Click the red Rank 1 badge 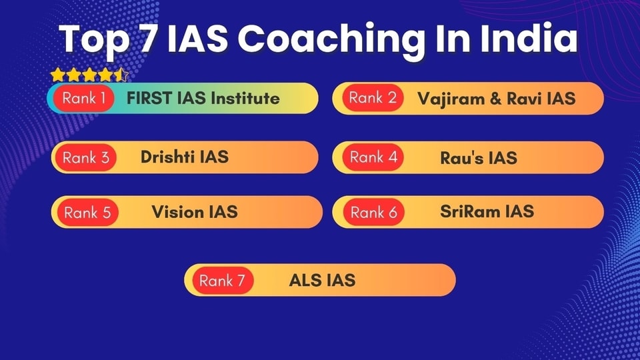pos(84,99)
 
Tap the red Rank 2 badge pos(373,98)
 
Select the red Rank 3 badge pos(86,157)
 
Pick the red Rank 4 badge pos(373,157)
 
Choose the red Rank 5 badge pos(87,212)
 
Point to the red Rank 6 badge pos(373,212)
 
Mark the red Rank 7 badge pos(223,281)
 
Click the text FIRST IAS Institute pos(203,99)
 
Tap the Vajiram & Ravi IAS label pos(496,99)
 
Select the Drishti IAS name pos(185,157)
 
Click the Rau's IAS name pos(479,158)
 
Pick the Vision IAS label pos(195,212)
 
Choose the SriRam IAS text pos(487,211)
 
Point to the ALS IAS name pos(322,281)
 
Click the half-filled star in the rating pos(121,75)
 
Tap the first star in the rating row pos(58,75)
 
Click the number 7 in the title pos(149,39)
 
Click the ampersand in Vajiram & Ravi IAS pos(495,99)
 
